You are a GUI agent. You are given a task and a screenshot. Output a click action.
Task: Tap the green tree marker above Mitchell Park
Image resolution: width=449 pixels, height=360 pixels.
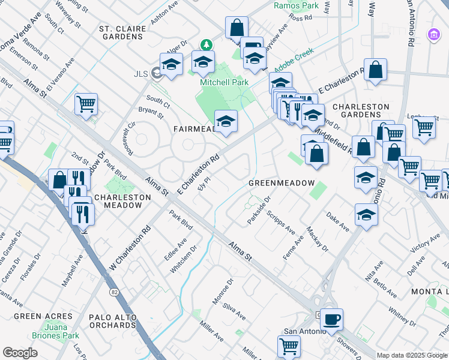click(206, 45)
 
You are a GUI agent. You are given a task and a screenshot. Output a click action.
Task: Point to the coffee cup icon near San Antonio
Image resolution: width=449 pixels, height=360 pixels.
click(331, 319)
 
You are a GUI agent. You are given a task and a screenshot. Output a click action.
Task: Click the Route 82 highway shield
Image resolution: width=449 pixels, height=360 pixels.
click(113, 292)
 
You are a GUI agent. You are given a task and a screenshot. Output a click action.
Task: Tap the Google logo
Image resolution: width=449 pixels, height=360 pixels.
click(20, 353)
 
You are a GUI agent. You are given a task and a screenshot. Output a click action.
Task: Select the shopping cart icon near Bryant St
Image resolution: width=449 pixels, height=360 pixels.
click(86, 104)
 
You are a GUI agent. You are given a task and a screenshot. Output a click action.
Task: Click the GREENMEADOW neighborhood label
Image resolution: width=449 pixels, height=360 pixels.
click(282, 182)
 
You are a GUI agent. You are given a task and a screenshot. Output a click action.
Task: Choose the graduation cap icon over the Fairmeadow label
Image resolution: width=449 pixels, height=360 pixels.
click(226, 121)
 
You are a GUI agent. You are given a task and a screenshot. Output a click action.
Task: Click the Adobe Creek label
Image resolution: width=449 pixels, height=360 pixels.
click(294, 68)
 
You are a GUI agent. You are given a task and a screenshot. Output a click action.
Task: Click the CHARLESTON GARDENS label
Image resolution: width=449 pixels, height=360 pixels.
click(361, 111)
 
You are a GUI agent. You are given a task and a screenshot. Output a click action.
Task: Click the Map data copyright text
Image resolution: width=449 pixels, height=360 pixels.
click(412, 355)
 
